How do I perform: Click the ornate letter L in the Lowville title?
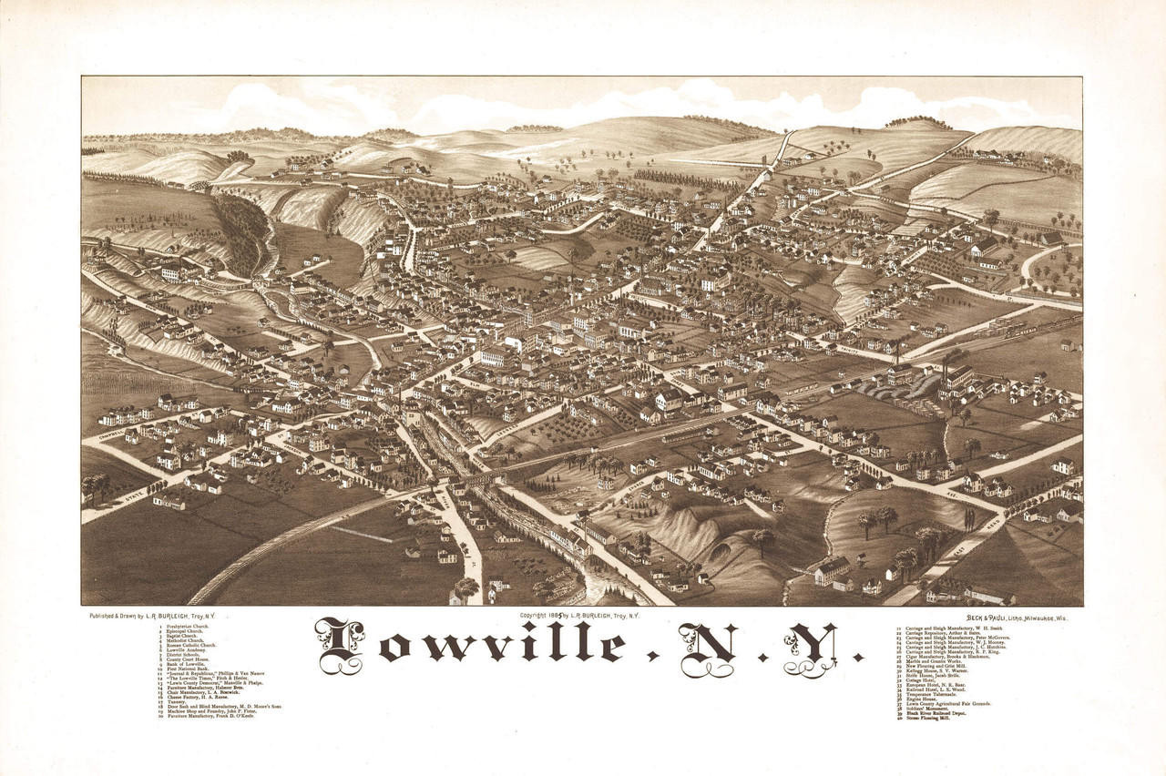(x=341, y=645)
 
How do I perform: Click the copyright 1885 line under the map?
(x=579, y=616)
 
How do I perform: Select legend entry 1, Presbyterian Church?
(x=187, y=627)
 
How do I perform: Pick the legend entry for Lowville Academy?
(x=185, y=650)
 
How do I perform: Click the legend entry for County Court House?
(x=187, y=659)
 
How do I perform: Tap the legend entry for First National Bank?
(x=187, y=669)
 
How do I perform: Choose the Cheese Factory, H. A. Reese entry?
(x=197, y=697)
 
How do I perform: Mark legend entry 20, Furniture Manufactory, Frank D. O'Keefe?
(x=210, y=716)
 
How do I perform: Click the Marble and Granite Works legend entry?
(x=933, y=661)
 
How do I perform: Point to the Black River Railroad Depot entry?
(x=936, y=713)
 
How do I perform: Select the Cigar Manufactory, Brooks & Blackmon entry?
(x=946, y=657)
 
